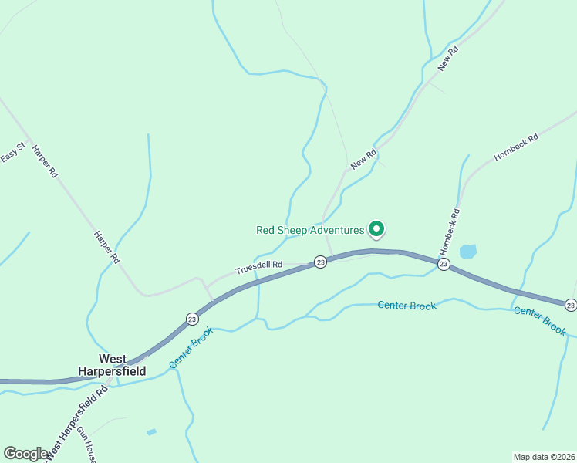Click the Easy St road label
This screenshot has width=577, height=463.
click(x=14, y=152)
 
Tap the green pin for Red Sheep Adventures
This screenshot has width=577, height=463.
click(x=376, y=228)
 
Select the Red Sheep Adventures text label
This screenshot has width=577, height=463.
click(x=309, y=230)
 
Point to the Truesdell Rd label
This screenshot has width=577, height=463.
click(x=258, y=267)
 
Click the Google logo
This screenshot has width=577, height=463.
click(x=25, y=454)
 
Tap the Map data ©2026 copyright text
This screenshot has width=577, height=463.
click(x=544, y=456)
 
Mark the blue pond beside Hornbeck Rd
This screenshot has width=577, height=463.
click(x=468, y=252)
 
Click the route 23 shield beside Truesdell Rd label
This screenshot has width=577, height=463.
click(x=321, y=263)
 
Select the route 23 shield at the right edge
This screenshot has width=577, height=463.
click(x=570, y=305)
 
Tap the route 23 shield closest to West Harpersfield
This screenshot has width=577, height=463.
click(x=191, y=319)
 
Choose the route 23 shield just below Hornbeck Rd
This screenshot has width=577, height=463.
click(x=444, y=264)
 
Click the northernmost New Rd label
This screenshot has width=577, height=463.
click(x=447, y=59)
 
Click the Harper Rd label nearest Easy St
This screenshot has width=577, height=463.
click(x=45, y=162)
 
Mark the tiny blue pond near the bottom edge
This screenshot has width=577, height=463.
click(x=151, y=432)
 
